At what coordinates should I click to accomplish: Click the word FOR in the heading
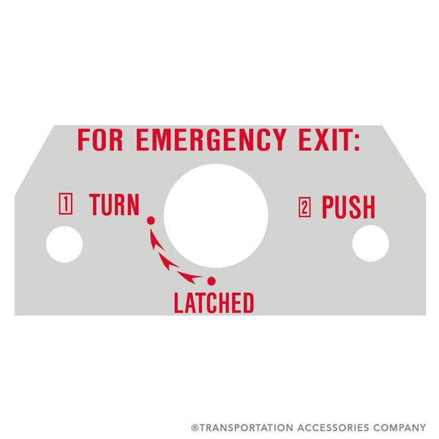click(100, 139)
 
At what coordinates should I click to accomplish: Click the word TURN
click(113, 206)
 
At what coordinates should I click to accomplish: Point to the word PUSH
click(348, 208)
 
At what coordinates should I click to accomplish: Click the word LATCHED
click(214, 302)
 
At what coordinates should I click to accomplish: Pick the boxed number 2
click(305, 208)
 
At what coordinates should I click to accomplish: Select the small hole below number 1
click(64, 244)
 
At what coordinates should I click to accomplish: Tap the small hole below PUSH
click(370, 244)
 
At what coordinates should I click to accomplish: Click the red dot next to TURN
click(151, 219)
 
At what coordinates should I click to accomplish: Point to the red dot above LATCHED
click(211, 281)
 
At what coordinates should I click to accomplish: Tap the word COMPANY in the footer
click(401, 427)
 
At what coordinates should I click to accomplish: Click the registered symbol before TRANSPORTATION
click(194, 427)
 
